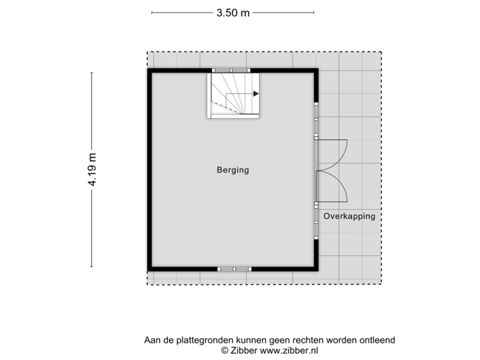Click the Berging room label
233,170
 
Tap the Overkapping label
349,217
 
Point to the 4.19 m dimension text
93,170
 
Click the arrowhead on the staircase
255,94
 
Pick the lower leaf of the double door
333,186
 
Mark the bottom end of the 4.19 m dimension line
93,268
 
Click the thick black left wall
148,170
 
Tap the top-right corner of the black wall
317,70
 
